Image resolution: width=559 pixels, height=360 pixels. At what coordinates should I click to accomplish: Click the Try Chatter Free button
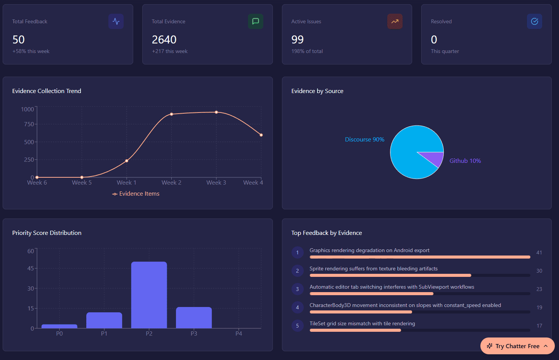[517, 346]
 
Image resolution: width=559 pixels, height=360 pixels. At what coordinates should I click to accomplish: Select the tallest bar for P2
[149, 294]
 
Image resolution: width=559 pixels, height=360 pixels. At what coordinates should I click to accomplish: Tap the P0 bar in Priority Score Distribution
[59, 326]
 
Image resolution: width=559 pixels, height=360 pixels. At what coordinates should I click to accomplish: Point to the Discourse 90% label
[364, 140]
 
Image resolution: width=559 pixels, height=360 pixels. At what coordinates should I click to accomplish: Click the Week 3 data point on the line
[216, 112]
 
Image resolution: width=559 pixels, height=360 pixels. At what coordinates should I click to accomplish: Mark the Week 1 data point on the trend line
[127, 161]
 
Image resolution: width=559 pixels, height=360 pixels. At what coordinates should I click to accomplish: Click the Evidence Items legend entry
[136, 194]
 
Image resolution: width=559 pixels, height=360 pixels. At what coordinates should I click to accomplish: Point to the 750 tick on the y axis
[29, 124]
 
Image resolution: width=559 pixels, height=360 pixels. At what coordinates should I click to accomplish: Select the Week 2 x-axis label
[171, 183]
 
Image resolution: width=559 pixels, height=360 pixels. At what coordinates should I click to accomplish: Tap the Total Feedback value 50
[18, 40]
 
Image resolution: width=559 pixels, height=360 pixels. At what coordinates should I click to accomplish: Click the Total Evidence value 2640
[164, 40]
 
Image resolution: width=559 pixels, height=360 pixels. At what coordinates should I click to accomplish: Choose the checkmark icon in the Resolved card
[534, 21]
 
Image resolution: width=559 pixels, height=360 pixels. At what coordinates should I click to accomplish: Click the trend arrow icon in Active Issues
[395, 21]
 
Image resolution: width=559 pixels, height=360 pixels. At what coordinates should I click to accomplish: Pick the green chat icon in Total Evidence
[255, 21]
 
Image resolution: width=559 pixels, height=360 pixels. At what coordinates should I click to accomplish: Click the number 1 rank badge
[297, 252]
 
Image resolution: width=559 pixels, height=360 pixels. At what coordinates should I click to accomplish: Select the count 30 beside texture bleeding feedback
[539, 271]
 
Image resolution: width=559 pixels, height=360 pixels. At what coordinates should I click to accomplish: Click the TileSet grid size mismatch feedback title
[362, 323]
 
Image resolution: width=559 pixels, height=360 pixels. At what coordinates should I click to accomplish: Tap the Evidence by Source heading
[317, 91]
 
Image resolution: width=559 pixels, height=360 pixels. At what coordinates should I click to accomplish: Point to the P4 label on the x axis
[238, 334]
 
